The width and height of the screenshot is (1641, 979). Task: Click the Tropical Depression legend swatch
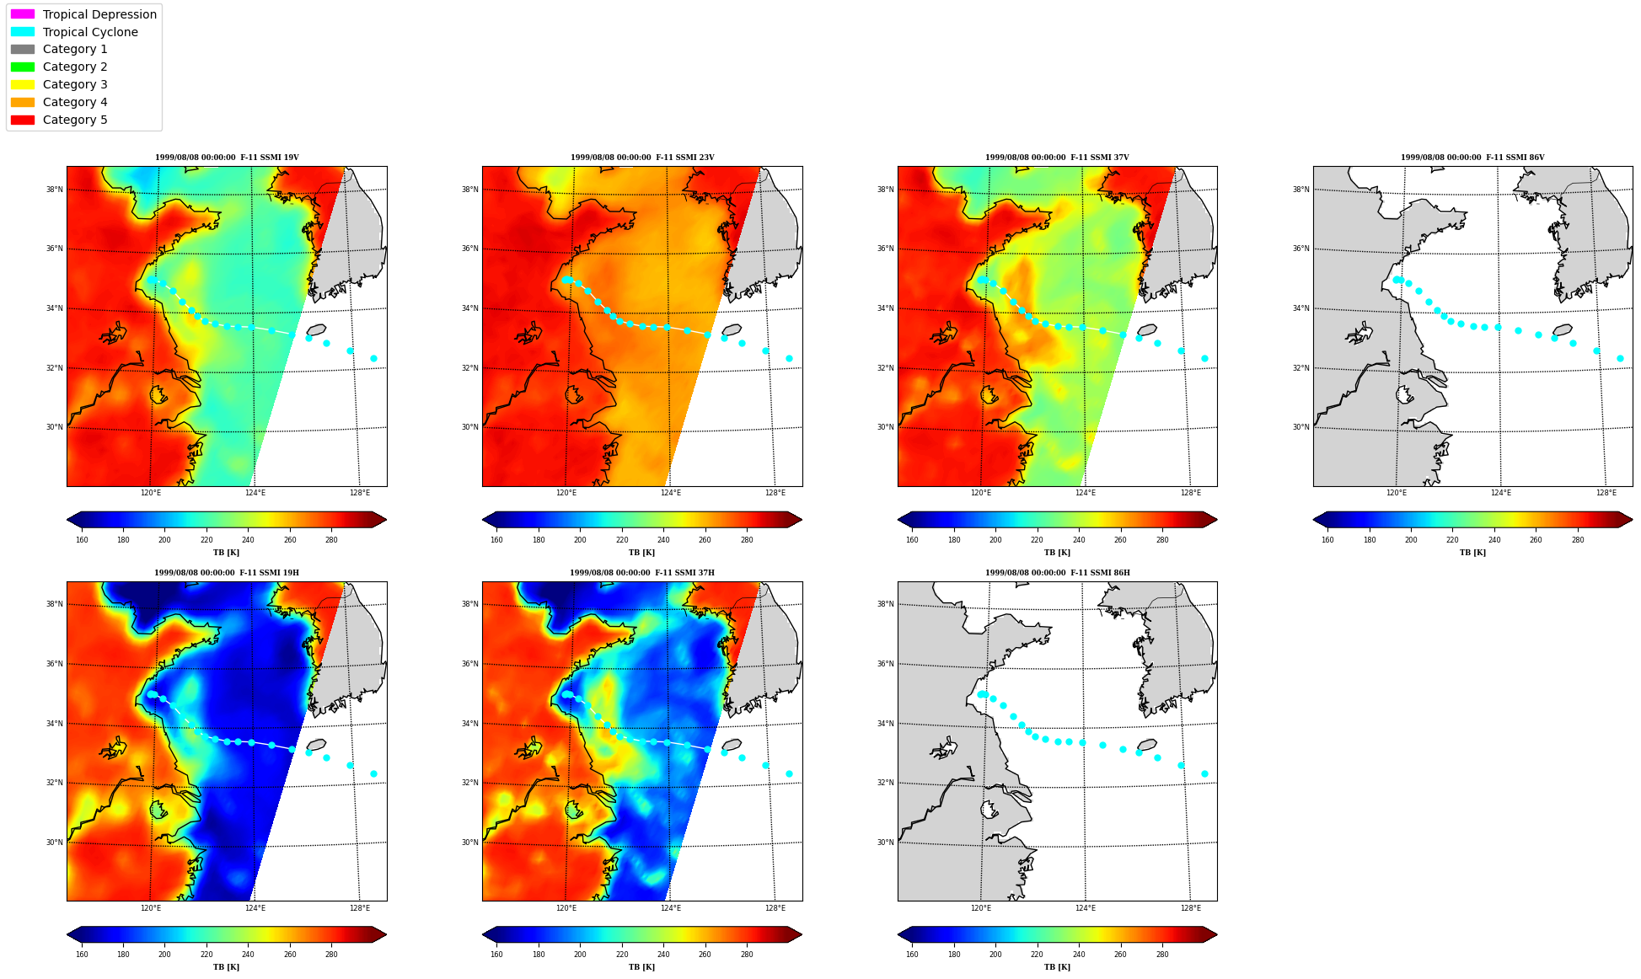23,14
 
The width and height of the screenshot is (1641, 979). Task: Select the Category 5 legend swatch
23,120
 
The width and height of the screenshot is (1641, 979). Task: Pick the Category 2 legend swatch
23,67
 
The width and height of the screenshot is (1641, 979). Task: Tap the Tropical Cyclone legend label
90,32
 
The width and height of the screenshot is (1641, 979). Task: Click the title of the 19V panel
227,158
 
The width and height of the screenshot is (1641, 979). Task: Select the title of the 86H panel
1058,573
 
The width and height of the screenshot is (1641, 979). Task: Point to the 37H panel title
642,573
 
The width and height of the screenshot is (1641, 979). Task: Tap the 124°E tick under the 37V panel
1086,493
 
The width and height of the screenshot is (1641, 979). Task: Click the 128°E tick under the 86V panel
1606,493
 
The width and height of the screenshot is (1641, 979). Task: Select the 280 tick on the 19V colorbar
331,540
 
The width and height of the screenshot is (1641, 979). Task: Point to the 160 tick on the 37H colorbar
496,955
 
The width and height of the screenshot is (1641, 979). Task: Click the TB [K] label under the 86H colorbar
1057,967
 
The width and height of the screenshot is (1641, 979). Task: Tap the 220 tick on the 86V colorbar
1452,540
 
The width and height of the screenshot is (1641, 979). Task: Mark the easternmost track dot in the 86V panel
1620,358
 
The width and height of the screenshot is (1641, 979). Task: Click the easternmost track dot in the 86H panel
1204,773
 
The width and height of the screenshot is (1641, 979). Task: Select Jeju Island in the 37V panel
1147,330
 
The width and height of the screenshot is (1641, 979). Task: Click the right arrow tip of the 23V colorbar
802,520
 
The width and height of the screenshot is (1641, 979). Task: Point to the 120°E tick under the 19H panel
151,908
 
